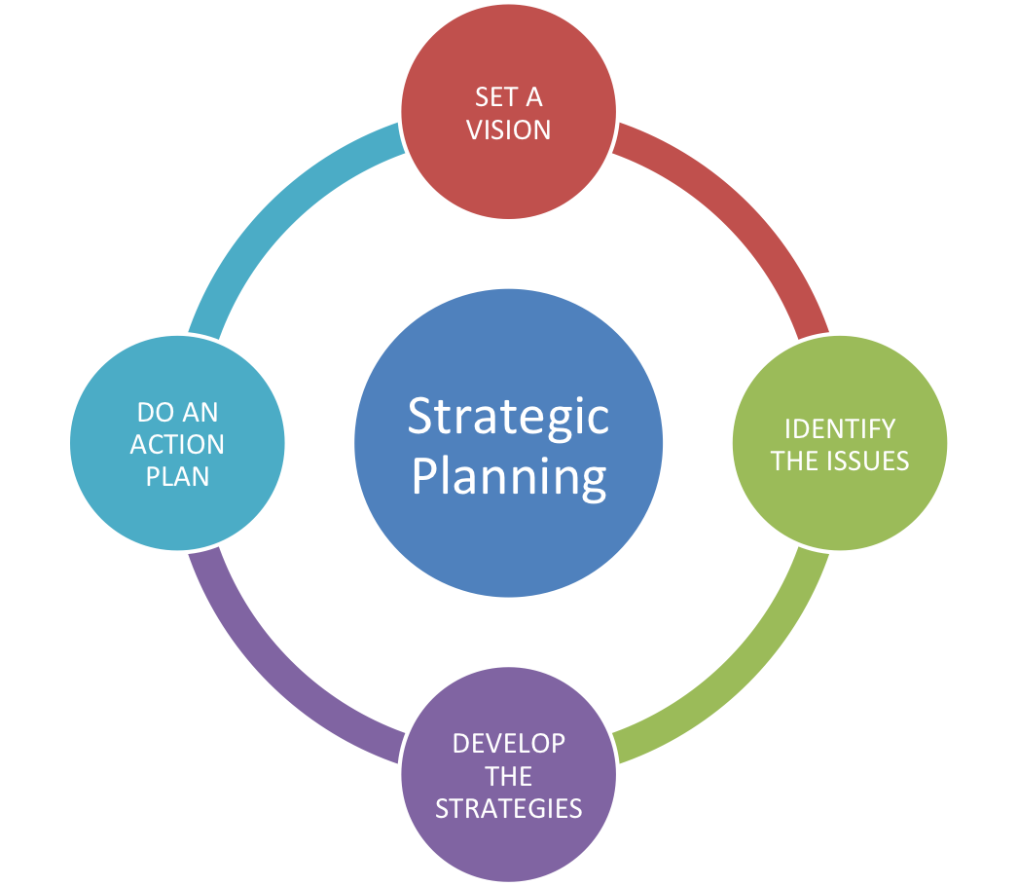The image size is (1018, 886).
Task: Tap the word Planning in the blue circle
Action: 508,478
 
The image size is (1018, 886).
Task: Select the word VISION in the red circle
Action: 508,129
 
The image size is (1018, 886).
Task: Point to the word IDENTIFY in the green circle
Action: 839,429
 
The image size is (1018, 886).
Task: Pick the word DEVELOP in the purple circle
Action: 508,744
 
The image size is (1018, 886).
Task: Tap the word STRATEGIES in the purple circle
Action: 508,808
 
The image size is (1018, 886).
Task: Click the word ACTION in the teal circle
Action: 177,445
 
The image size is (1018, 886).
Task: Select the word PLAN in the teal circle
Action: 177,477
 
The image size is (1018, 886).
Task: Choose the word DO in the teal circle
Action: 156,413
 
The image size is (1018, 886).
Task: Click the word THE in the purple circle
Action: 508,776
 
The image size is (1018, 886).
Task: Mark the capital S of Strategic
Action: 420,416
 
